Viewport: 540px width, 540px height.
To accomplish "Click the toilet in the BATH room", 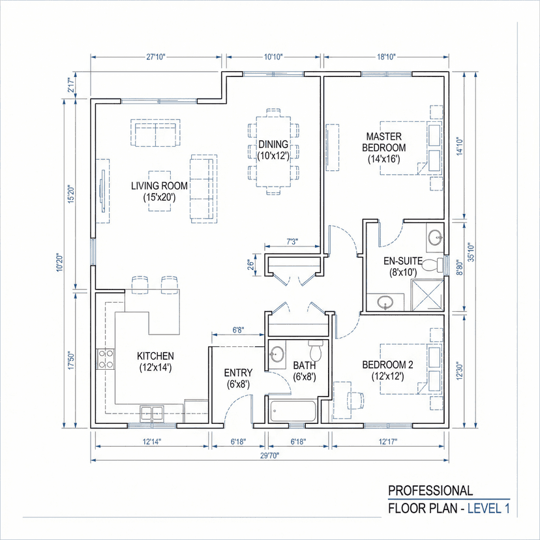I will pyautogui.click(x=316, y=352).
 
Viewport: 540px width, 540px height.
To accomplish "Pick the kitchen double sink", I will pyautogui.click(x=153, y=412).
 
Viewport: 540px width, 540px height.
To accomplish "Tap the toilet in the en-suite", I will pyautogui.click(x=438, y=264).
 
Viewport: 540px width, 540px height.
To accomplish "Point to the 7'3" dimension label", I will pyautogui.click(x=292, y=242).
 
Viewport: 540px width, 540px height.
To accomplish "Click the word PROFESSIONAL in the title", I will pyautogui.click(x=430, y=490).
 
